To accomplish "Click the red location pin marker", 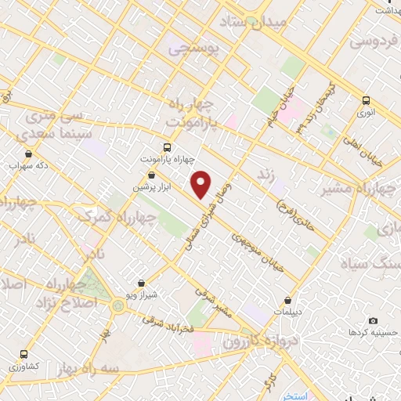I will click(201, 183).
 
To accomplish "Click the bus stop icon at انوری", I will click(365, 100).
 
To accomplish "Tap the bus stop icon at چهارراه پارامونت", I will click(166, 147).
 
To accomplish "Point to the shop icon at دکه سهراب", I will click(29, 154).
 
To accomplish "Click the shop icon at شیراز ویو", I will click(141, 283).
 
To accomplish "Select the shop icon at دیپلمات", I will click(288, 299).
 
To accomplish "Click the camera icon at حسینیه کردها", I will click(372, 321).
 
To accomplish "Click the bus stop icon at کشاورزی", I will click(24, 354).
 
